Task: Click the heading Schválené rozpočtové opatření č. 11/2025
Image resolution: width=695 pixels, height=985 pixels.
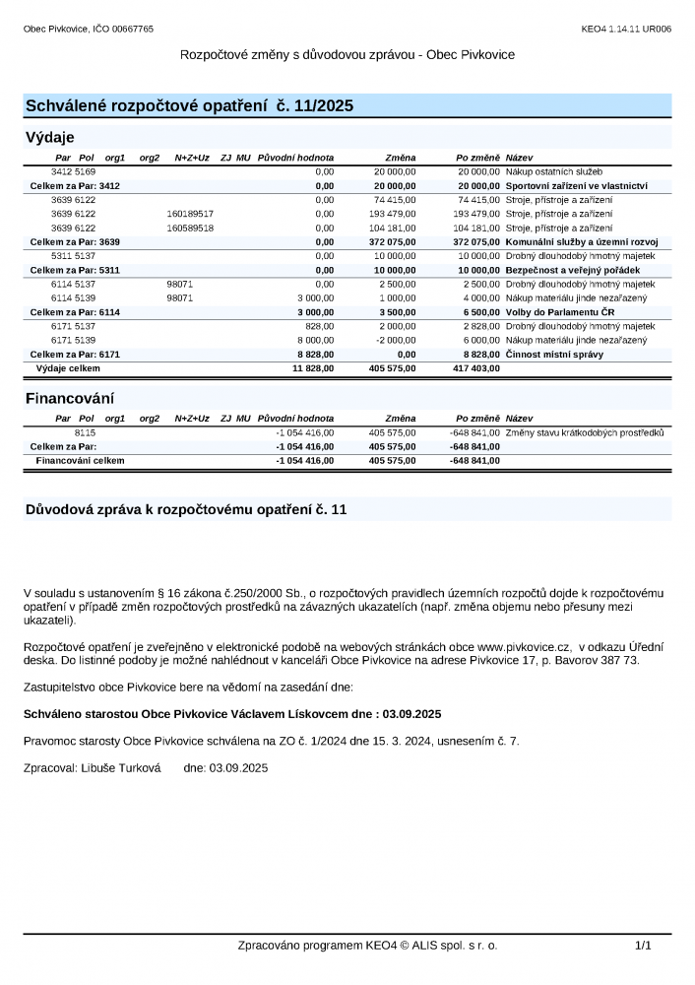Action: [x=188, y=105]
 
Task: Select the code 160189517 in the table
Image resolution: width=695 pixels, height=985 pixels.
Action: [x=190, y=214]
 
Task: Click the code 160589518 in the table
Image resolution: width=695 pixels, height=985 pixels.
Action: [x=190, y=228]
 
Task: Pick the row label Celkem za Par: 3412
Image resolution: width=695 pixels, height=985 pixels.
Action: [x=75, y=185]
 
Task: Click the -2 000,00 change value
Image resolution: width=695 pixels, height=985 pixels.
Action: [x=396, y=340]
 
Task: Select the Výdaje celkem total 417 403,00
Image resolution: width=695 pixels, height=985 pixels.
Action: [x=475, y=368]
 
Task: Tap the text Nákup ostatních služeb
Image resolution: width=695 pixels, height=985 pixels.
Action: [x=553, y=171]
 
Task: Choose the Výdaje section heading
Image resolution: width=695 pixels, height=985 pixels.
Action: [x=49, y=137]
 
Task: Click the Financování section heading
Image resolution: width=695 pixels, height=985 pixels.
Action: [x=69, y=399]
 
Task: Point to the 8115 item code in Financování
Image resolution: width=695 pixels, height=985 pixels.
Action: [x=85, y=432]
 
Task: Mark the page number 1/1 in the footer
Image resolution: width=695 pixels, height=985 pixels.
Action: [x=643, y=946]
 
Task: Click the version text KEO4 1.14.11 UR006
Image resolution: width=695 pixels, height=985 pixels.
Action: [x=626, y=30]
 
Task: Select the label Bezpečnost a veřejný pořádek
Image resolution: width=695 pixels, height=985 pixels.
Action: [x=572, y=270]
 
